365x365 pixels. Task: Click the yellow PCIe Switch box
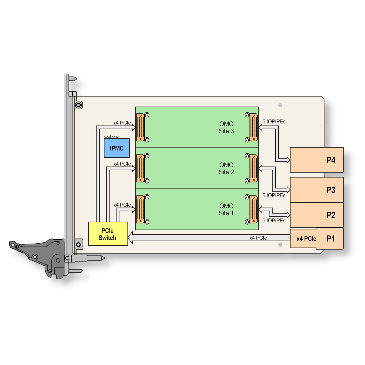point(108,234)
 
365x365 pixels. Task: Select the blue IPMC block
point(117,148)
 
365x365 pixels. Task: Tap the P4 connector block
point(317,160)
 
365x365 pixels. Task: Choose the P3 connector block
point(317,190)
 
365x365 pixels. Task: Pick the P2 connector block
point(317,215)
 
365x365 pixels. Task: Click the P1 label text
point(331,239)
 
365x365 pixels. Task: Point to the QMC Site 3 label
point(226,127)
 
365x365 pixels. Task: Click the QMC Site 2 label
point(226,169)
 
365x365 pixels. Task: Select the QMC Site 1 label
point(226,210)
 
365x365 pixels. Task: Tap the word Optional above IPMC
point(112,136)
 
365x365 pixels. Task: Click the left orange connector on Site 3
point(141,127)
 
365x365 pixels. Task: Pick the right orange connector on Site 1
point(254,210)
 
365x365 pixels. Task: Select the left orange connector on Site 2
point(141,169)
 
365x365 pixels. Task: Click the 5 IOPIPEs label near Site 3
point(274,122)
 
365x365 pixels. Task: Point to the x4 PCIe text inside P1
point(306,239)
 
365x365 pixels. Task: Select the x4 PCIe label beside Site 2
point(122,164)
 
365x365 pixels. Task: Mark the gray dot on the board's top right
point(280,105)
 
